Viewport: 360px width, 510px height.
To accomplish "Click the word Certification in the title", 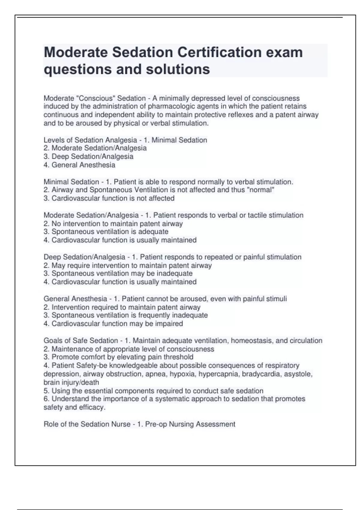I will tap(219, 52).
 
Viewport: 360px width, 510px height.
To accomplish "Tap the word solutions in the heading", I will tap(178, 69).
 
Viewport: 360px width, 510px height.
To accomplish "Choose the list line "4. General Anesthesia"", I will tap(79, 165).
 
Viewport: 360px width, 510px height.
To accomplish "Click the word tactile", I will tap(258, 215).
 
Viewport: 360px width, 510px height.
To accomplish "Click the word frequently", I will tap(156, 315).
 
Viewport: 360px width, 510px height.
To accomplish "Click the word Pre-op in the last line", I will tap(156, 424).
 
